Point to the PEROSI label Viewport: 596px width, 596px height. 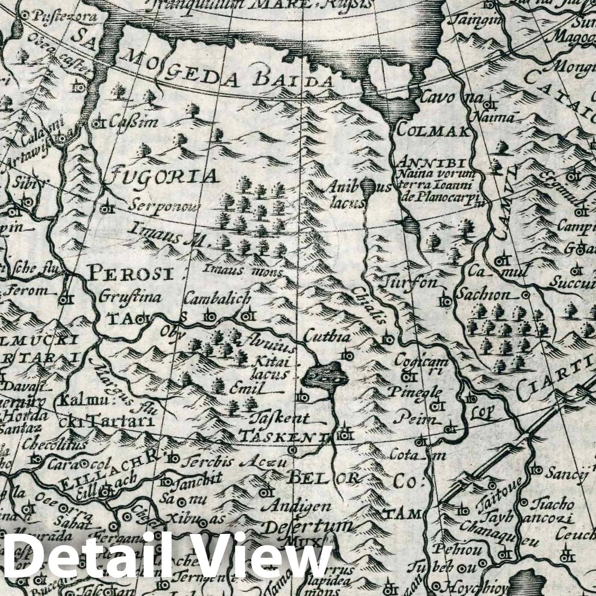131,275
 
